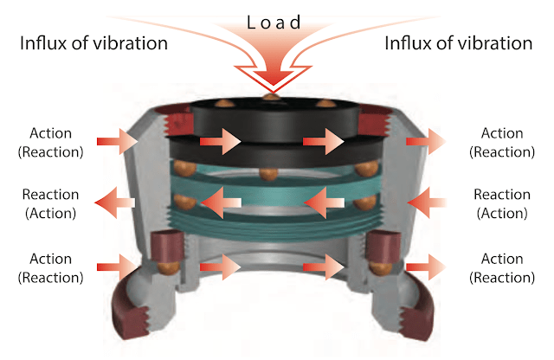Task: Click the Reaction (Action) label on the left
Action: pos(50,204)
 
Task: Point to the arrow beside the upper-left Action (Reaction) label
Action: pos(112,140)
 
